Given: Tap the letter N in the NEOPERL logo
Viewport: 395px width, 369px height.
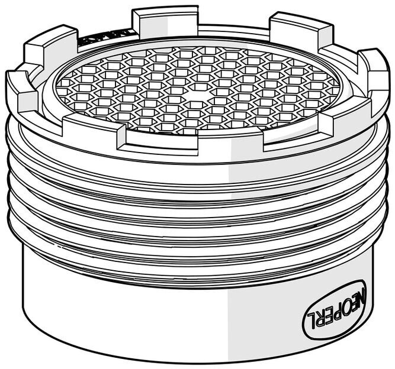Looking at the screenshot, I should click(362, 294).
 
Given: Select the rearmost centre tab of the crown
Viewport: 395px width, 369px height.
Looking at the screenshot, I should click(165, 21).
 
